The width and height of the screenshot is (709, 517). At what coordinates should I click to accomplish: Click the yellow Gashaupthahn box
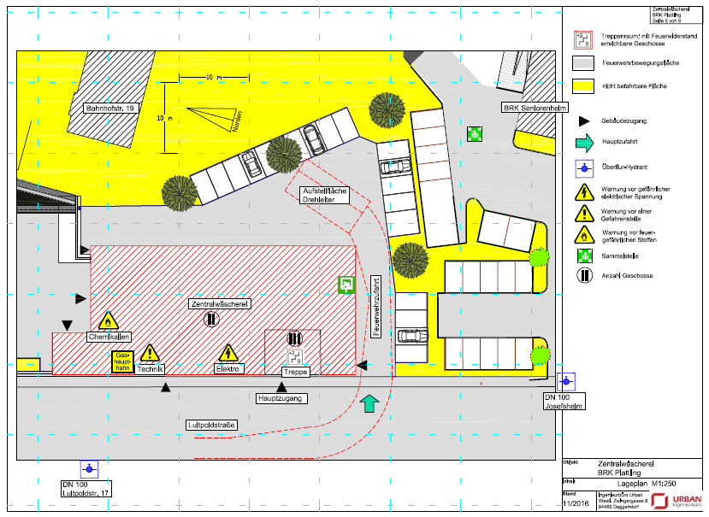(x=123, y=362)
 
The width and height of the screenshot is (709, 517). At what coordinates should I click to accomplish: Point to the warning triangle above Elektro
(x=227, y=352)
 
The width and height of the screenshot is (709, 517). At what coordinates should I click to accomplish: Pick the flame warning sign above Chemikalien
(x=108, y=320)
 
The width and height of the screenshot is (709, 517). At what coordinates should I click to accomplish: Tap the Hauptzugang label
(x=282, y=398)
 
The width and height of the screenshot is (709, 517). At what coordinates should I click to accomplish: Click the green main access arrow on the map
(x=369, y=403)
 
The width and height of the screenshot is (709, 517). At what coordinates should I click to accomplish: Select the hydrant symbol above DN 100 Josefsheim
(x=565, y=381)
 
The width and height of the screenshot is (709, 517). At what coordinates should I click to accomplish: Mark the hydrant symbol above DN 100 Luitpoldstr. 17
(x=88, y=468)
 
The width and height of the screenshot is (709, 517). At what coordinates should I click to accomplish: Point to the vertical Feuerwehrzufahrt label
(x=376, y=304)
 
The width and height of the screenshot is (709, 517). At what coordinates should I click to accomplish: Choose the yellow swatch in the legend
(x=583, y=85)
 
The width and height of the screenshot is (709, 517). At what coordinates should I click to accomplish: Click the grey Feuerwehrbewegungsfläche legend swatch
(x=583, y=63)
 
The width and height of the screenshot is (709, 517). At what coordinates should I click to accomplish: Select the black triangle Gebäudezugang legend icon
(x=583, y=121)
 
